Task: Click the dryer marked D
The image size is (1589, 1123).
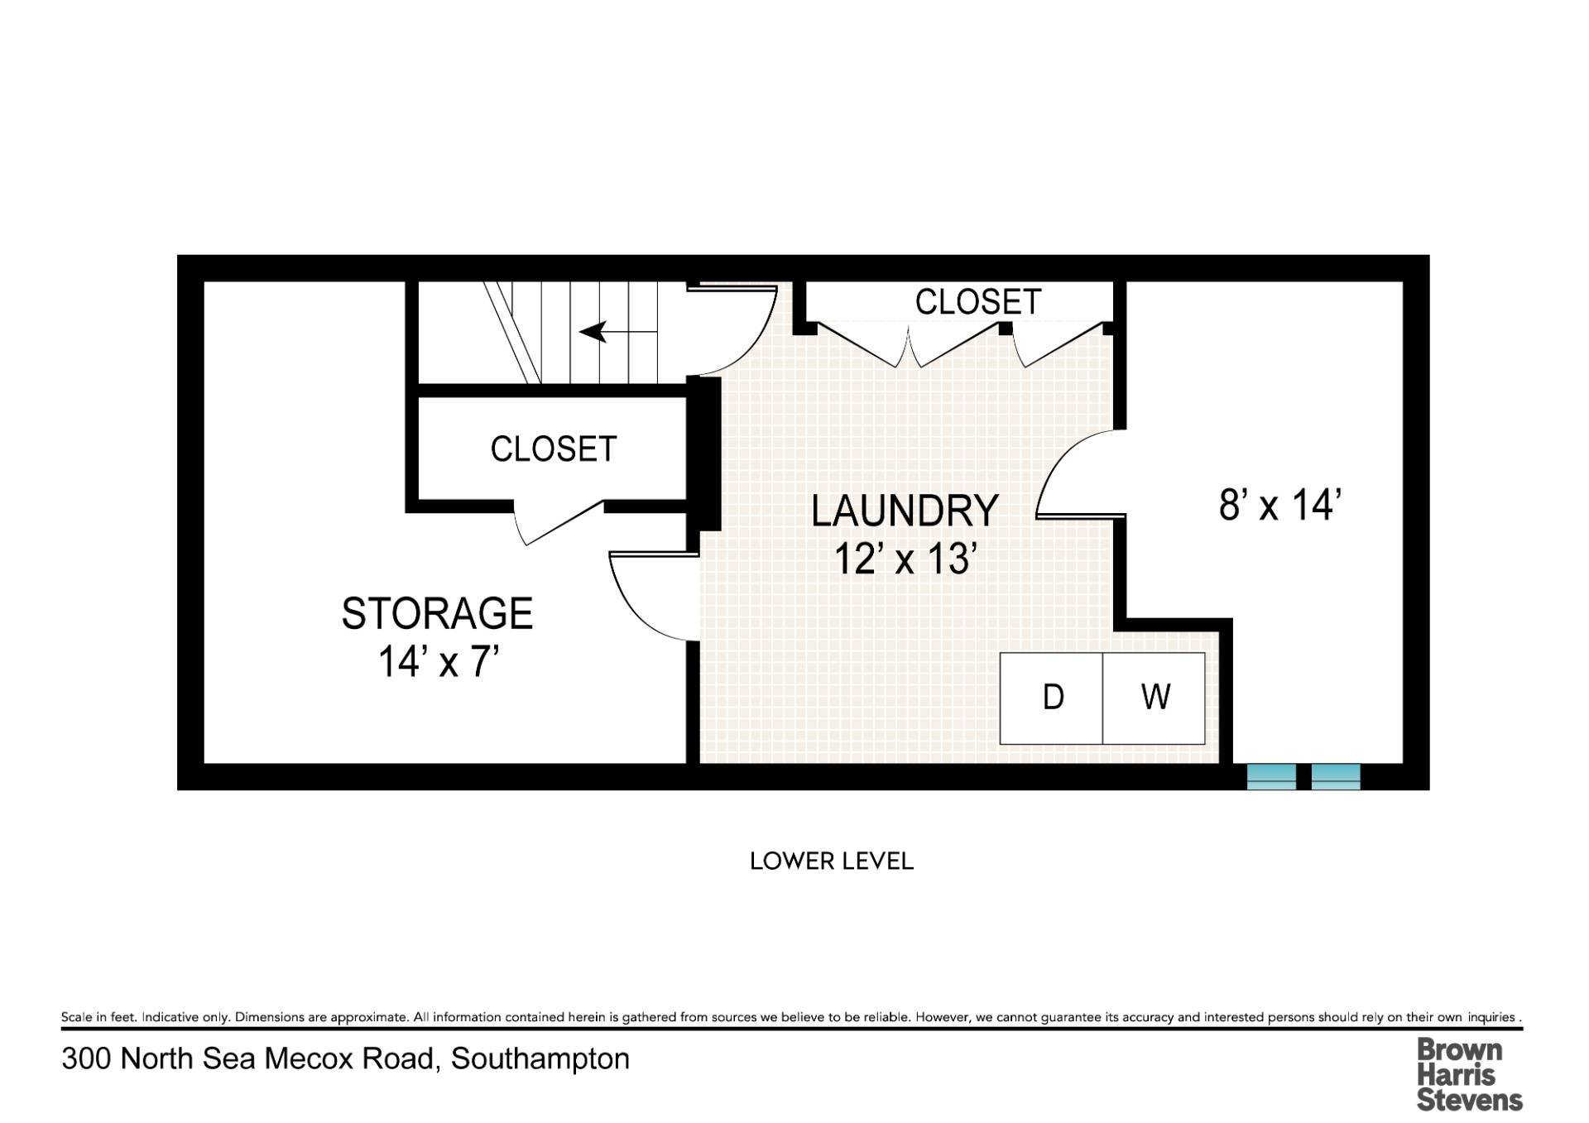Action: click(x=1051, y=698)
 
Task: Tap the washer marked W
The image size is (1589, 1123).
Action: click(x=1154, y=698)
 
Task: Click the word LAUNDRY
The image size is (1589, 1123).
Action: click(x=905, y=511)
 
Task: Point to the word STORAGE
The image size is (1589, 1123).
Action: click(x=437, y=613)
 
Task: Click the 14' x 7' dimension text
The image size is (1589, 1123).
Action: click(x=439, y=661)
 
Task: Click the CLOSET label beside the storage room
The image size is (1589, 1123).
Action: click(x=554, y=449)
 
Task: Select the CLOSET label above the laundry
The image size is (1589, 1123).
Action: click(x=977, y=302)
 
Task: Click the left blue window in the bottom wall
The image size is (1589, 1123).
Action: click(x=1271, y=777)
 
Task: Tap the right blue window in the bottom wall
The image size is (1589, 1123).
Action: click(x=1336, y=777)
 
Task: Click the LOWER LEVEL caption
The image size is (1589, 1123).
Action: click(x=832, y=861)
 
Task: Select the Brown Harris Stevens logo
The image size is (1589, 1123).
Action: click(x=1469, y=1075)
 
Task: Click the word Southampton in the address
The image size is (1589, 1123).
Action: click(x=540, y=1059)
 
